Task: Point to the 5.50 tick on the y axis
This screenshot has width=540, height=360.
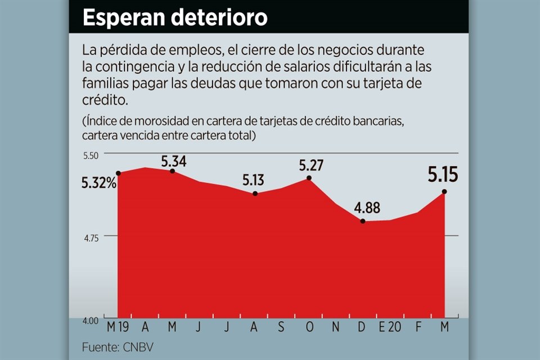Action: point(91,155)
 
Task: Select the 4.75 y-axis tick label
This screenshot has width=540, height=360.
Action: point(91,237)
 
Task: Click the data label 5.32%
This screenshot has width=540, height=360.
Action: point(99,182)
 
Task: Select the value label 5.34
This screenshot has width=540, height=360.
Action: point(174,161)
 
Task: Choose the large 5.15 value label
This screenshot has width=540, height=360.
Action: point(443,175)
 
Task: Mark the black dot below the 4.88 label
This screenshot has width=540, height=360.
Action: point(363,221)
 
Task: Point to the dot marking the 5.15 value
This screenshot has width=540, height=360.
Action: point(444,192)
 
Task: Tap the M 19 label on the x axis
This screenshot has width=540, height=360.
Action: point(119,327)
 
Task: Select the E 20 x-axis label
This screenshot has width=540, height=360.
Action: point(389,327)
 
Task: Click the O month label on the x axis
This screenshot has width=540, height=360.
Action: point(309,327)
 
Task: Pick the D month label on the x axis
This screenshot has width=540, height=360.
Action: point(363,327)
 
